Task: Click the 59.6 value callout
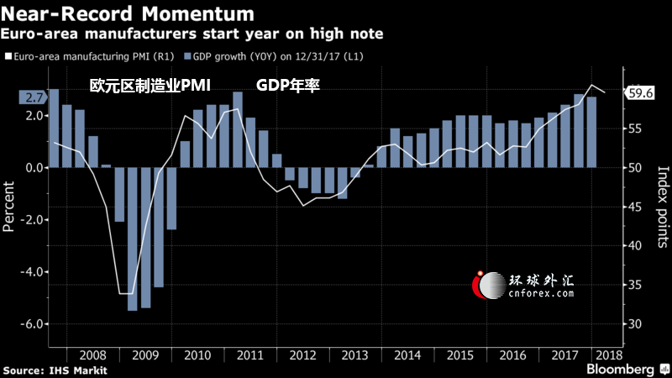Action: click(x=640, y=92)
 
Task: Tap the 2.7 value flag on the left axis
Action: click(x=32, y=97)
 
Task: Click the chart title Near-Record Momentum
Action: click(x=128, y=13)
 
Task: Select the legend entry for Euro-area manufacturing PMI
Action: click(x=90, y=56)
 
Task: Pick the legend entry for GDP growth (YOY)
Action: click(x=274, y=56)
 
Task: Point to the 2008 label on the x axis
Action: click(x=93, y=355)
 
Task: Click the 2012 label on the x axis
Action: click(x=302, y=355)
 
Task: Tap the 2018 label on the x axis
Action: click(x=609, y=355)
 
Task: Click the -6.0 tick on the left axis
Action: click(x=32, y=323)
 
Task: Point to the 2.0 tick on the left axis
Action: click(x=34, y=116)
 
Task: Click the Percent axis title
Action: click(x=8, y=207)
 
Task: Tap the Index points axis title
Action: click(x=663, y=207)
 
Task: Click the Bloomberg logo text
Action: click(x=620, y=369)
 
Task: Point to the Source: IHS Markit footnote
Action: click(x=55, y=370)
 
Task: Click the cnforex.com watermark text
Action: click(x=541, y=293)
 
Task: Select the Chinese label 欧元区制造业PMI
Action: click(x=150, y=86)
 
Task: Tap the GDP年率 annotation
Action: click(x=288, y=86)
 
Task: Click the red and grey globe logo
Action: click(x=489, y=285)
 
